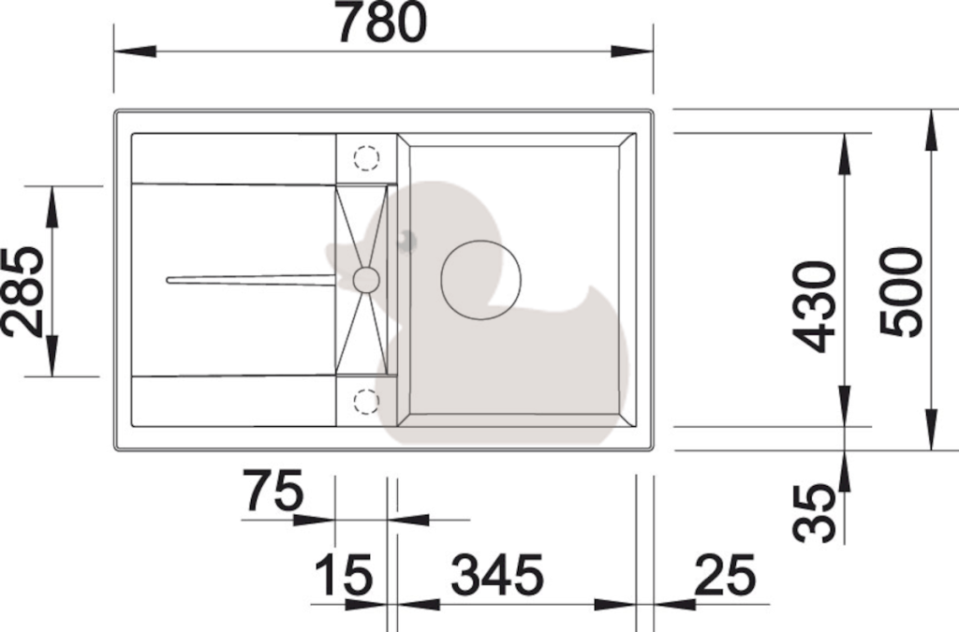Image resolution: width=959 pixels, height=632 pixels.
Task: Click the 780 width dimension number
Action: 382,22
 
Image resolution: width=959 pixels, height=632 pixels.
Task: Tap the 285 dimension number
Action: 22,292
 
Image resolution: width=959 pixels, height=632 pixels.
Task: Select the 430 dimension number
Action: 814,307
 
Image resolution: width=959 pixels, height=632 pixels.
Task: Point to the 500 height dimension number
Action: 900,291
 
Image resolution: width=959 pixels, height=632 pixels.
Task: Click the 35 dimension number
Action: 814,513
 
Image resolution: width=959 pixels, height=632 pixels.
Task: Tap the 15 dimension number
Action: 343,575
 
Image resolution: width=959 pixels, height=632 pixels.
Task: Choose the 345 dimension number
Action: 497,575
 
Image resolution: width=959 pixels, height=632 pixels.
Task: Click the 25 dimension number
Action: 726,575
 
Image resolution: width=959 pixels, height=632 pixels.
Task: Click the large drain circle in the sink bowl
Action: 480,280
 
